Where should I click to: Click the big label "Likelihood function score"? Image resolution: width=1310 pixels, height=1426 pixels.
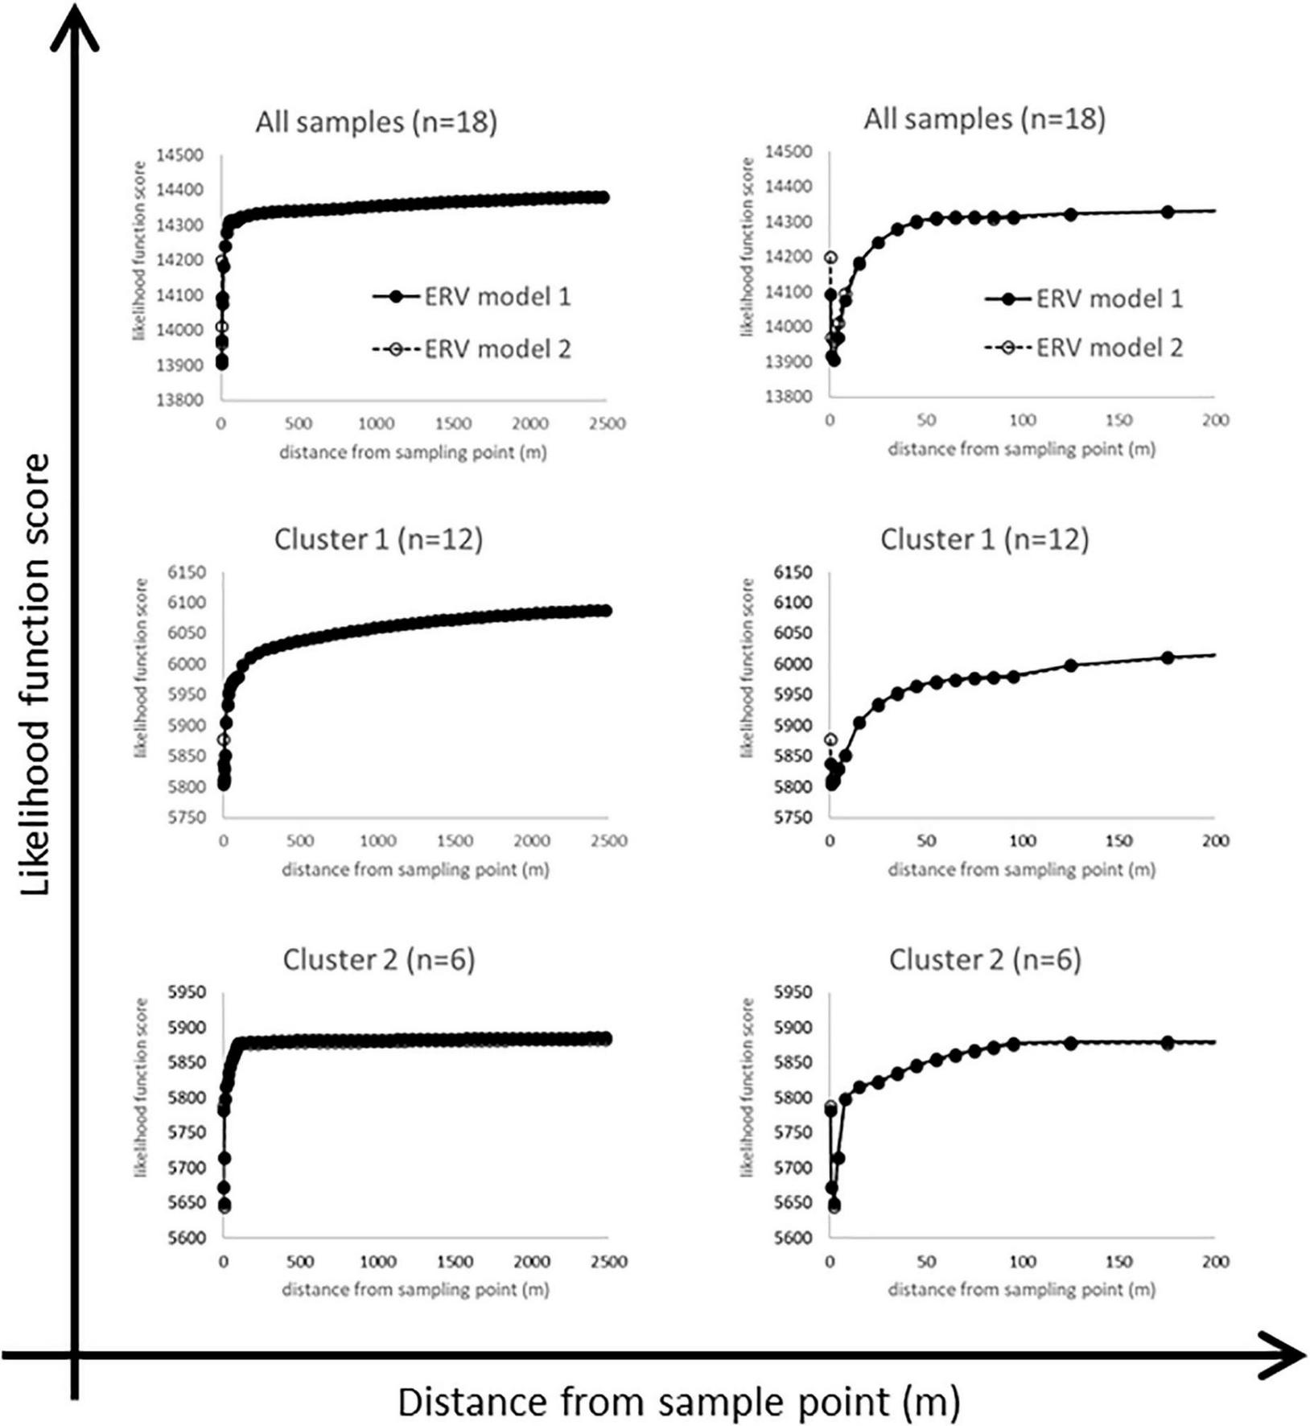pyautogui.click(x=35, y=674)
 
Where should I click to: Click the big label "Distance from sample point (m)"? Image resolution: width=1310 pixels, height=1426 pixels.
pyautogui.click(x=678, y=1401)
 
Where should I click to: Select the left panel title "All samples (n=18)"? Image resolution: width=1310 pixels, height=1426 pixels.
pyautogui.click(x=376, y=122)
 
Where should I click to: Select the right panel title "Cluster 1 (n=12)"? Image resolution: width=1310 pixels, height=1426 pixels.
pyautogui.click(x=984, y=539)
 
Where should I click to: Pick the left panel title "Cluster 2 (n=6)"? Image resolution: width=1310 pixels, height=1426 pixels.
pyautogui.click(x=378, y=959)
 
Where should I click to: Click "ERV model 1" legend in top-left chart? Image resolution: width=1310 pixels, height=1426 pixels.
pyautogui.click(x=496, y=297)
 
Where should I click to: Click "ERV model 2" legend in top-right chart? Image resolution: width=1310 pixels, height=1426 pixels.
pyautogui.click(x=1109, y=348)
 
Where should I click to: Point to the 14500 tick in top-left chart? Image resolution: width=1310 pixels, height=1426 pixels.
pyautogui.click(x=180, y=155)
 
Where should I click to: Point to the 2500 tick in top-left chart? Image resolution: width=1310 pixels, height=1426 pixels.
pyautogui.click(x=607, y=423)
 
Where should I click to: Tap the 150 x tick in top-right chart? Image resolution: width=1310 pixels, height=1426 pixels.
pyautogui.click(x=1118, y=420)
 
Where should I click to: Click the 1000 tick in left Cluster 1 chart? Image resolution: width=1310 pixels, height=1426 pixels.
pyautogui.click(x=377, y=841)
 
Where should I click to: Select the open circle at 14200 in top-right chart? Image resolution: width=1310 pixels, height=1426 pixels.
pyautogui.click(x=831, y=258)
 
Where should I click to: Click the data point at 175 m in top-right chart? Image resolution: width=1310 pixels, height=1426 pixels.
pyautogui.click(x=1168, y=212)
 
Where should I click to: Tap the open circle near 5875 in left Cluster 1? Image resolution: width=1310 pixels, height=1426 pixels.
pyautogui.click(x=224, y=740)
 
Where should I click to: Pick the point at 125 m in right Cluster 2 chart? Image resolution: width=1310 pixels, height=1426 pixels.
pyautogui.click(x=1071, y=1043)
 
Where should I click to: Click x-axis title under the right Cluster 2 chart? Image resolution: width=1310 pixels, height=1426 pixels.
pyautogui.click(x=1021, y=1289)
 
